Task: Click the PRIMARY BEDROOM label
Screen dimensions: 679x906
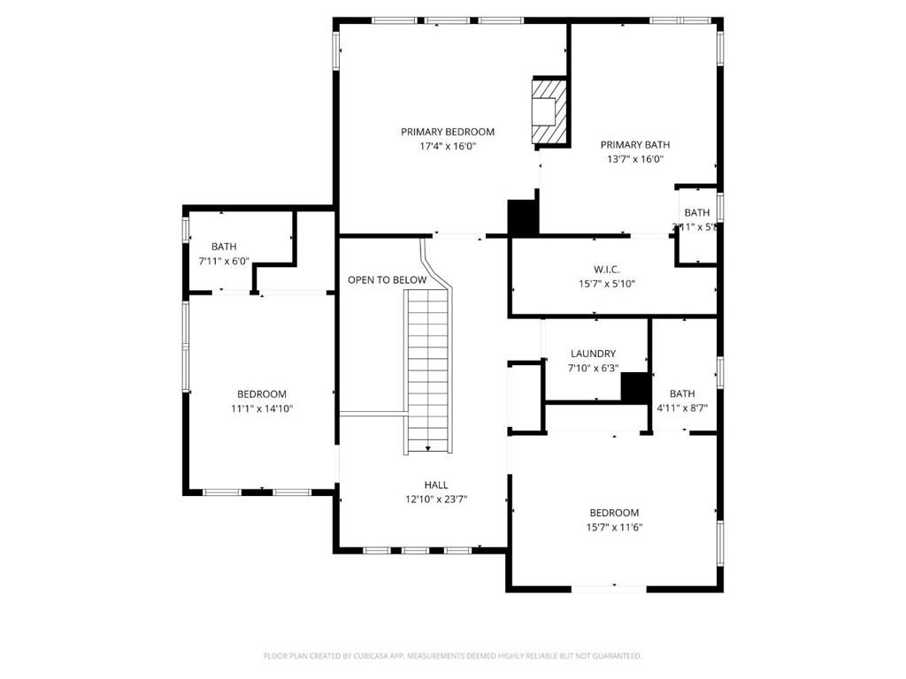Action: pos(448,132)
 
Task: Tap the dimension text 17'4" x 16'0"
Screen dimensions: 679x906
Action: pos(448,147)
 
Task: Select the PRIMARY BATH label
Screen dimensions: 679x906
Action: pos(634,145)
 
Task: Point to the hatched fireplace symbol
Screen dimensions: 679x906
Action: pos(548,111)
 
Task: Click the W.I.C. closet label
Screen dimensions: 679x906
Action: pos(606,269)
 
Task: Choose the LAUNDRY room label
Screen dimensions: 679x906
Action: pos(593,354)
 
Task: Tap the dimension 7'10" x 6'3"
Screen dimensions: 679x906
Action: pos(593,369)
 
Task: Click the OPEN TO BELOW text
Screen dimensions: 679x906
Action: pos(387,280)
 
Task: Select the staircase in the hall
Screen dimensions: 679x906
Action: pos(428,371)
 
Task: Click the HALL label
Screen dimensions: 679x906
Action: pos(435,484)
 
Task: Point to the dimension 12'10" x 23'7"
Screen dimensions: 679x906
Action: pos(435,500)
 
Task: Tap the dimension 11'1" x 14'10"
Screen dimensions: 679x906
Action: pos(261,409)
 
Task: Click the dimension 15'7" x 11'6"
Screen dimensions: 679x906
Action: pos(614,528)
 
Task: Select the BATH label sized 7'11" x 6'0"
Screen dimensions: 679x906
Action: pos(224,247)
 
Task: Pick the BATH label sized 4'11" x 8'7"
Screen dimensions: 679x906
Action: pos(682,393)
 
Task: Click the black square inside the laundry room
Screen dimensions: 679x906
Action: pos(634,387)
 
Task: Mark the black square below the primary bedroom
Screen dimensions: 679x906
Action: pos(523,217)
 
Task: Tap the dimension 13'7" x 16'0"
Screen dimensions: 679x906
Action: pos(634,160)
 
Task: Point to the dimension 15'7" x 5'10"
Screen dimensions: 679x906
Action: pos(606,284)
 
